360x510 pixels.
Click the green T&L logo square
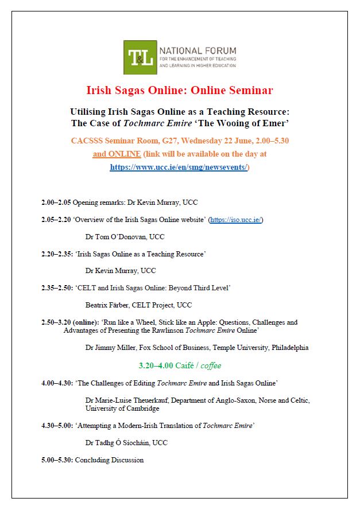point(140,57)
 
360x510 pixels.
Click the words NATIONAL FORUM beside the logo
point(197,51)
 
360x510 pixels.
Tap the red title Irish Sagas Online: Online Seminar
point(180,90)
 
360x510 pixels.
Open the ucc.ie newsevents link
point(180,168)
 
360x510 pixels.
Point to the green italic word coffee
point(211,365)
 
